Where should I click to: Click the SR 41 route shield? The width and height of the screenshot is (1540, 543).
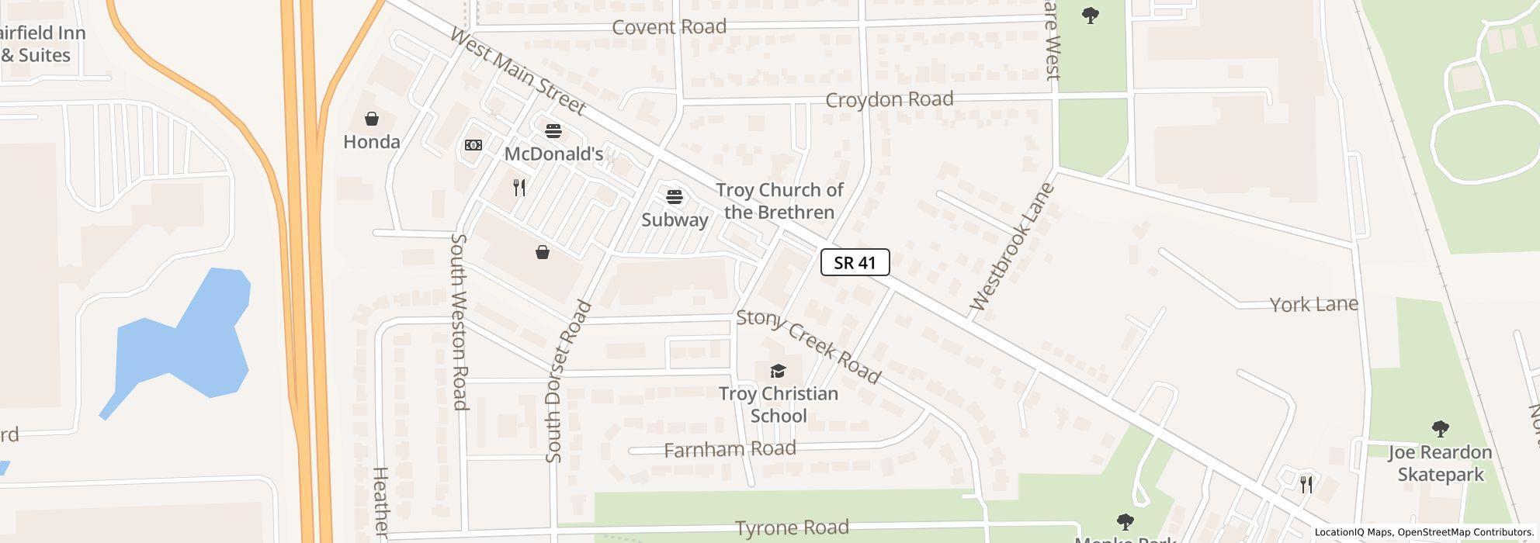click(855, 262)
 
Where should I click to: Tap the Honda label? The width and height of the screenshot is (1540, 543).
click(372, 142)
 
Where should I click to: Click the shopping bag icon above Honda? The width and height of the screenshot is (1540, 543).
click(372, 119)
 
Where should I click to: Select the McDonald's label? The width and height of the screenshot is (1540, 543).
click(553, 154)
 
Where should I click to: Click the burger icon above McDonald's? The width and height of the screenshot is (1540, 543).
click(553, 130)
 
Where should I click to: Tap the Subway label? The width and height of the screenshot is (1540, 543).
click(675, 220)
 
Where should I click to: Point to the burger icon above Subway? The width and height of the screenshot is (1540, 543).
click(675, 196)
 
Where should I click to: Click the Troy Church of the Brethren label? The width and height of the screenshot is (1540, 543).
click(779, 201)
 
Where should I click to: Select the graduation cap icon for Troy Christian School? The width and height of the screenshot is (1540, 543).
click(778, 371)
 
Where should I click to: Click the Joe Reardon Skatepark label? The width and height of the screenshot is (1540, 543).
click(1440, 463)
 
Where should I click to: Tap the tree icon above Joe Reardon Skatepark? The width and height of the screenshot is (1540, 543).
click(1440, 429)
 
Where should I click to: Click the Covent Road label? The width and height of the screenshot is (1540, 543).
click(669, 27)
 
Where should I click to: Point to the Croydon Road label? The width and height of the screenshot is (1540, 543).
click(889, 99)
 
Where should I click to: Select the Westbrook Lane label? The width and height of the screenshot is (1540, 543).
click(1012, 247)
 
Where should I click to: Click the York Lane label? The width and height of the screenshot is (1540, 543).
click(1313, 304)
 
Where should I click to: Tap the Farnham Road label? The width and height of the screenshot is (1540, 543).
click(730, 449)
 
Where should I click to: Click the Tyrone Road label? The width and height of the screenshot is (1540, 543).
click(791, 528)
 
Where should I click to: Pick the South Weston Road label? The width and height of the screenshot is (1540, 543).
click(460, 321)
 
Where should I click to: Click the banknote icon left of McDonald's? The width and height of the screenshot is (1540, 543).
click(473, 145)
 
